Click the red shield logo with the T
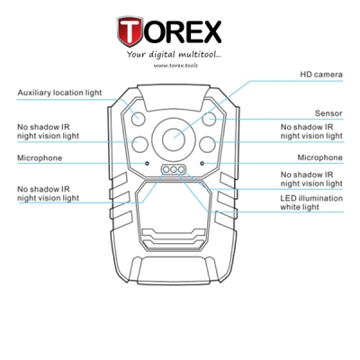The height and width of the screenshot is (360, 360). (130, 31)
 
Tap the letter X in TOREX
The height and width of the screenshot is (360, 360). (211, 31)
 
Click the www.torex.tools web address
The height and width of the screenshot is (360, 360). (175, 65)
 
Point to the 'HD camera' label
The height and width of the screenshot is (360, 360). (321, 75)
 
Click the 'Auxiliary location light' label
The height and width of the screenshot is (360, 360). (59, 93)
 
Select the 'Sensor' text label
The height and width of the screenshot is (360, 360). (328, 113)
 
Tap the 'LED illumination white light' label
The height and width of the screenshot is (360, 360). (311, 202)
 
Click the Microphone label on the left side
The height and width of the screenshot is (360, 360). (40, 158)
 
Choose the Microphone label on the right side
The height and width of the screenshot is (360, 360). (319, 157)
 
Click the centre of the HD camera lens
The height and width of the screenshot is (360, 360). (174, 139)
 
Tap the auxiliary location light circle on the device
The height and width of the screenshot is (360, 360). (139, 118)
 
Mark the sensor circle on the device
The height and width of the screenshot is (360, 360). (209, 118)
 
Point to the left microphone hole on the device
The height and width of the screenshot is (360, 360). (147, 163)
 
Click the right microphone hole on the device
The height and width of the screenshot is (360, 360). (202, 163)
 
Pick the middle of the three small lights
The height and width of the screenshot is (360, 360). (174, 170)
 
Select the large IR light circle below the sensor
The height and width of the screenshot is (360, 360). (207, 144)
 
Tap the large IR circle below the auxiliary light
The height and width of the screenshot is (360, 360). (140, 144)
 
